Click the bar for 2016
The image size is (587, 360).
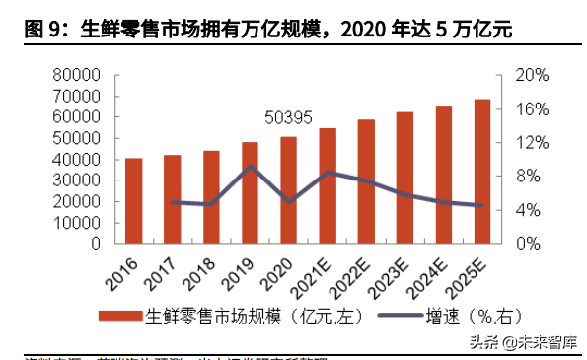133,200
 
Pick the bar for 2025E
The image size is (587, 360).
482,171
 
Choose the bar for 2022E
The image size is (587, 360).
366,180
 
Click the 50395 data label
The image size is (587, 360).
288,117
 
